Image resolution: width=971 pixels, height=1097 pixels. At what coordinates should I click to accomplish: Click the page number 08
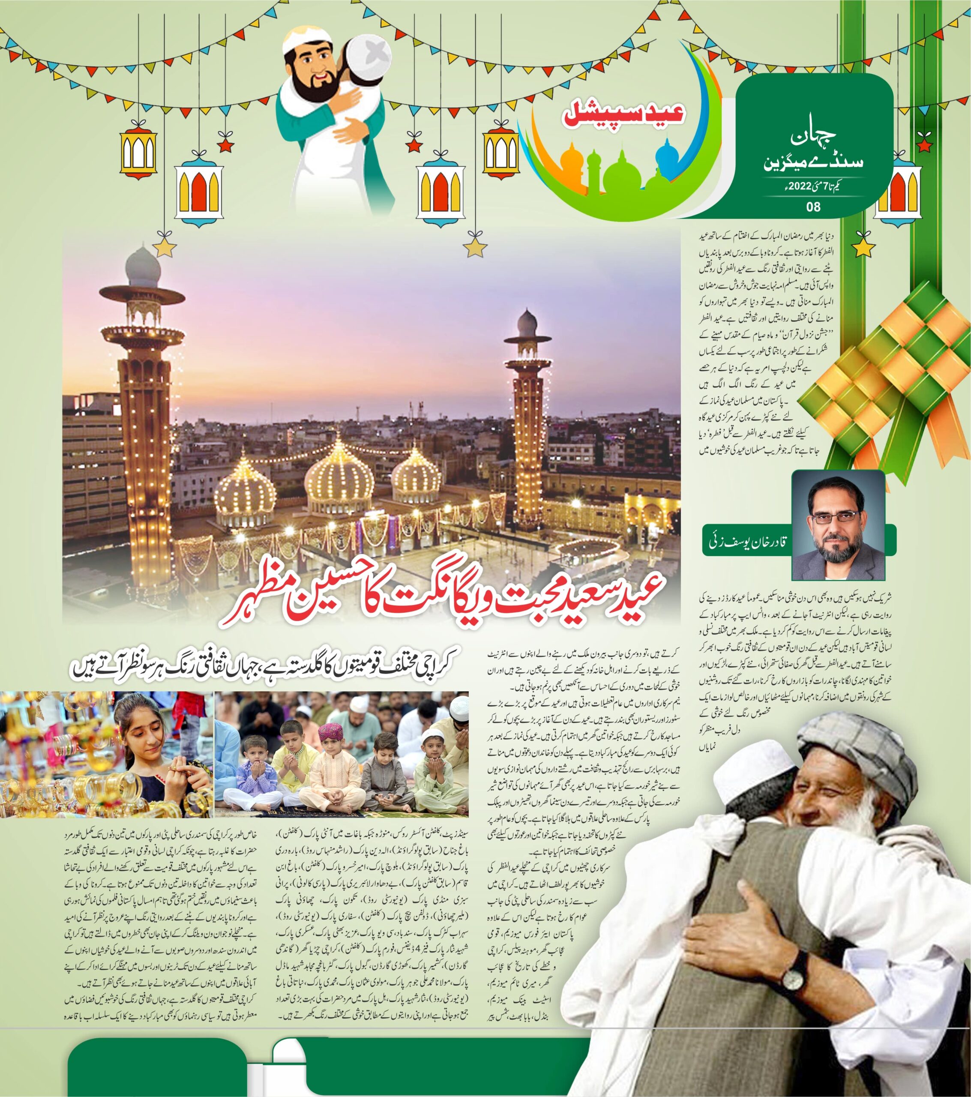pyautogui.click(x=813, y=207)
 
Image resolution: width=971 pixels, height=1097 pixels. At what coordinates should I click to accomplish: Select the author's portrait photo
pyautogui.click(x=838, y=525)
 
